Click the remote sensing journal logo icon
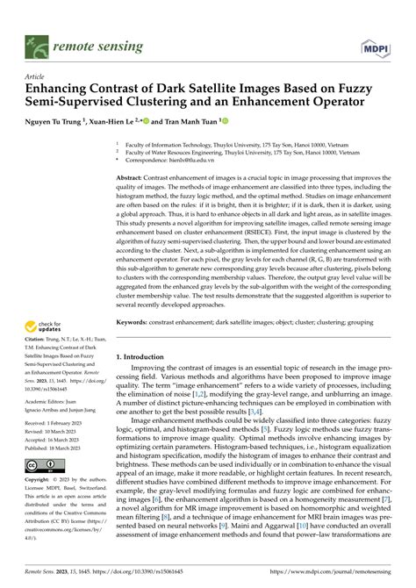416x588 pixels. click(37, 42)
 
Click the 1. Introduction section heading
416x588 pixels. click(146, 333)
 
